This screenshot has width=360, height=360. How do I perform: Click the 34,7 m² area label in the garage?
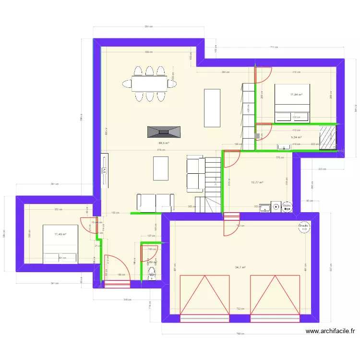click(x=240, y=267)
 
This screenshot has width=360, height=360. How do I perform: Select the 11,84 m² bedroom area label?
click(x=296, y=95)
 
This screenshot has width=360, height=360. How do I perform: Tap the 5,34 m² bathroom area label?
click(x=296, y=137)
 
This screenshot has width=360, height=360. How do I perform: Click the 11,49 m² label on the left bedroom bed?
click(x=60, y=234)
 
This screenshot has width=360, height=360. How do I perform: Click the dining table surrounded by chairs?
click(x=149, y=84)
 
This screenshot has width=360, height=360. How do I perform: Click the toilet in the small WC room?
click(x=153, y=274)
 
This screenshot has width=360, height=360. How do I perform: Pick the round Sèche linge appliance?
click(x=287, y=207)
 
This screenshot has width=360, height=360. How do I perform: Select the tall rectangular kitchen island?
click(x=212, y=108)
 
